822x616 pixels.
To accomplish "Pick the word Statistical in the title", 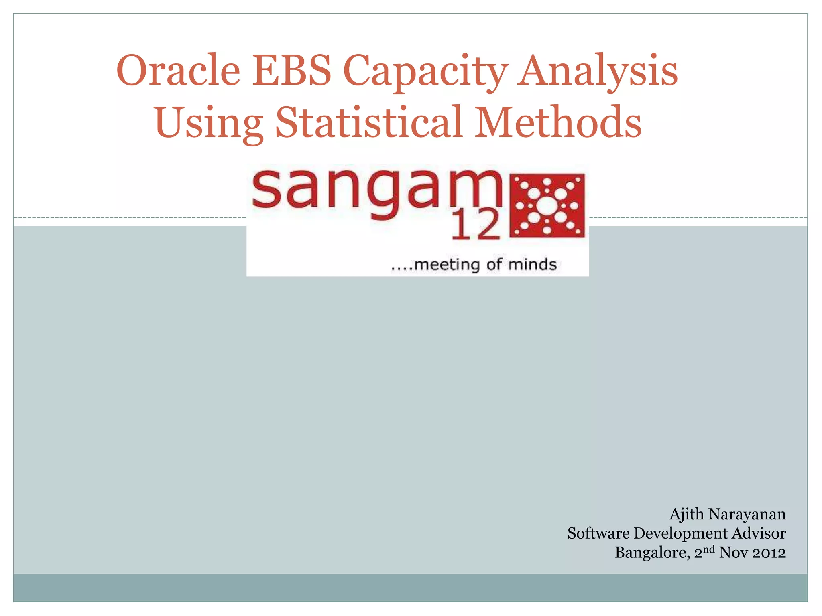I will click(368, 122).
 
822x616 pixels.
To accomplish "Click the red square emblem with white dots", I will click(547, 205).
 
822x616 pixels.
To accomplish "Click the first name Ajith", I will click(686, 514).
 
